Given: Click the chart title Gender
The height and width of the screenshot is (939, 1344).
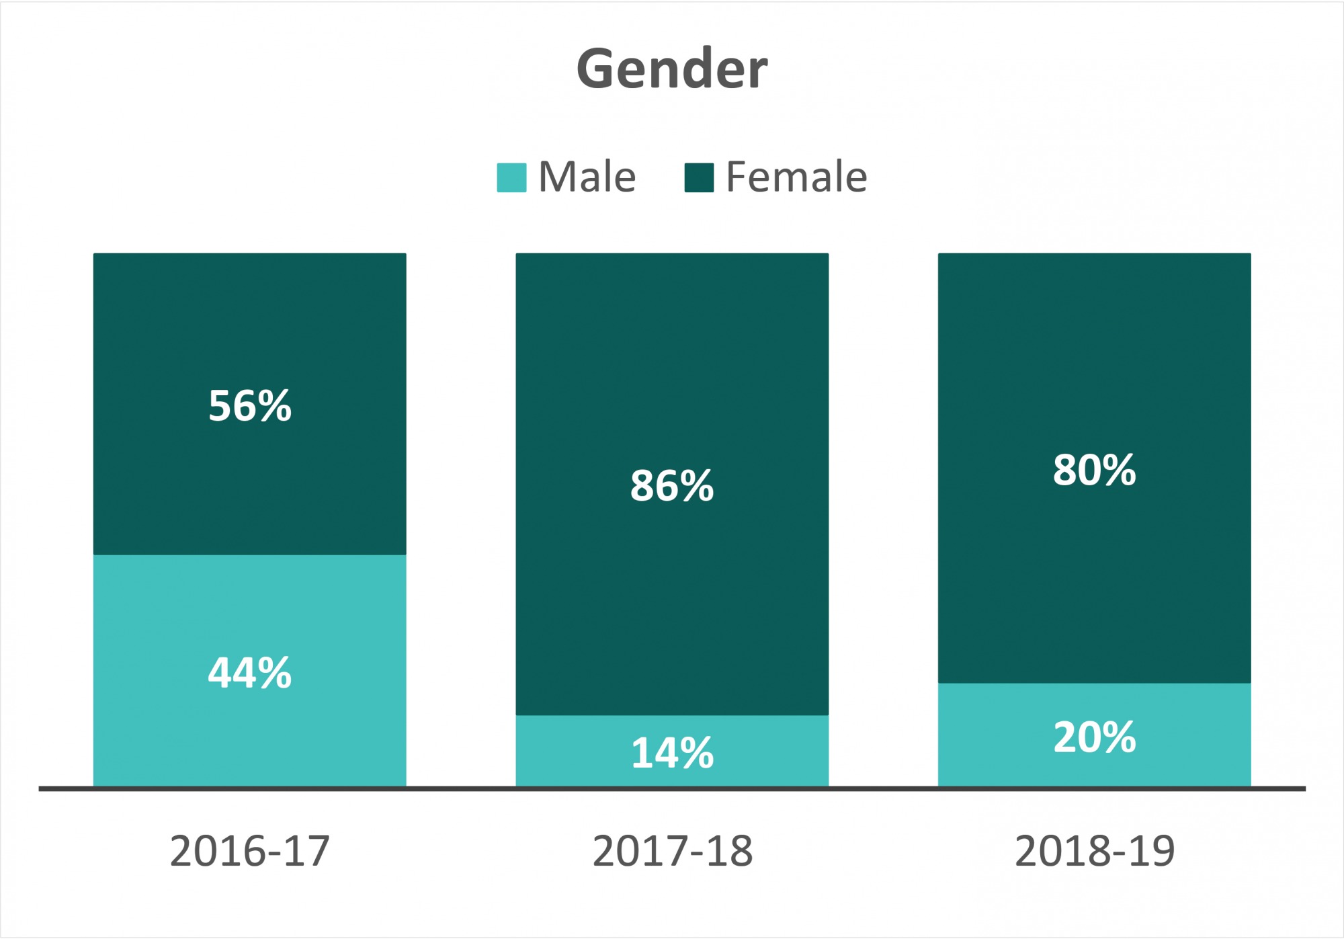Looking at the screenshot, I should (x=672, y=69).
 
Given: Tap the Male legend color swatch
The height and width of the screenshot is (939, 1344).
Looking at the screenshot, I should (x=511, y=177).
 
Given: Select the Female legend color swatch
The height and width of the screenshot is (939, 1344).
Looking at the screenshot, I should (x=699, y=177).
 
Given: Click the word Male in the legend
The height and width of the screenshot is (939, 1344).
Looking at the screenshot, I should (x=587, y=177).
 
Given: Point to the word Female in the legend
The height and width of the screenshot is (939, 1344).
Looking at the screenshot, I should (x=796, y=177).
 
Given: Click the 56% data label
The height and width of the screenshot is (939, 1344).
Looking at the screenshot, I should (x=250, y=406).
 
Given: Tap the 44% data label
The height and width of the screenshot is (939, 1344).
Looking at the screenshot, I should (x=250, y=673).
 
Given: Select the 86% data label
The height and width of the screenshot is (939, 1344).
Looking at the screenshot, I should (x=672, y=485).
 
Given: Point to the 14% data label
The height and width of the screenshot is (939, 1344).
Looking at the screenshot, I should (x=672, y=753).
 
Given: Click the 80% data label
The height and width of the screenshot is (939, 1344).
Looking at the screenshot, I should (x=1094, y=470).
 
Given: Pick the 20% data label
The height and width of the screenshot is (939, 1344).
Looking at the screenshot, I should (x=1094, y=737).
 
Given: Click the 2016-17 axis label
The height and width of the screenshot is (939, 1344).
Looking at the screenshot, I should (x=250, y=851).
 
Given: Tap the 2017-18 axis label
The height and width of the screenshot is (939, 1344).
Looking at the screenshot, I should (x=672, y=851).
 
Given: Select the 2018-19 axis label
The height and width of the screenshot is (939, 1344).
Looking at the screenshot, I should (x=1094, y=851).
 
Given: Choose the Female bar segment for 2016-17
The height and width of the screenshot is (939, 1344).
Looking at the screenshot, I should (x=250, y=323).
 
